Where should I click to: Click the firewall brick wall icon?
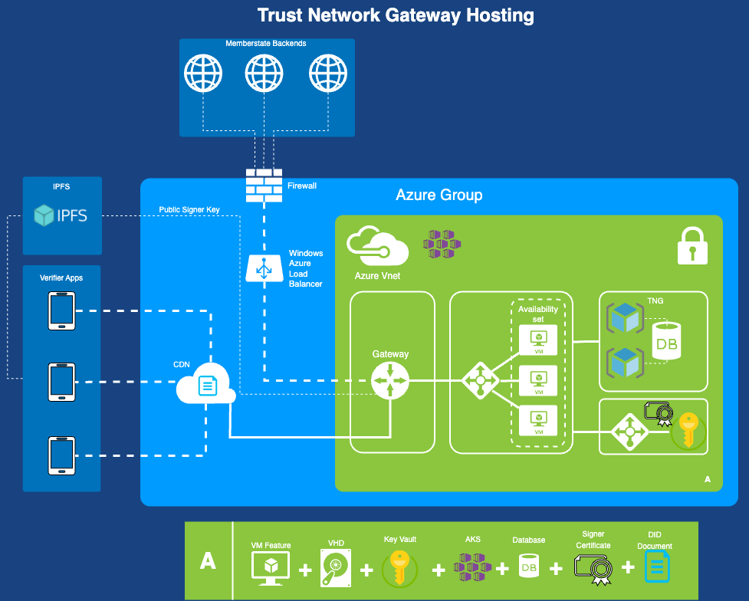point(264,185)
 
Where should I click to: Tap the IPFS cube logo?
point(44,215)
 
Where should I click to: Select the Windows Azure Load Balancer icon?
point(264,268)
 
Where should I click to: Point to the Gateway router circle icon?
point(390,380)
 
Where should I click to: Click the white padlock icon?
point(692,245)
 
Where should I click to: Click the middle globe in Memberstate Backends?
point(264,74)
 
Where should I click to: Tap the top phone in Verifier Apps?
point(61,311)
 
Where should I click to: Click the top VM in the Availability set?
point(539,340)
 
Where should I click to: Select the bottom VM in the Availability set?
point(539,419)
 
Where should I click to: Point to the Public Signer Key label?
point(189,209)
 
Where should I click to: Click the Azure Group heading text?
point(439,195)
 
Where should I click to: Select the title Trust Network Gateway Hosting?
point(396,15)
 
